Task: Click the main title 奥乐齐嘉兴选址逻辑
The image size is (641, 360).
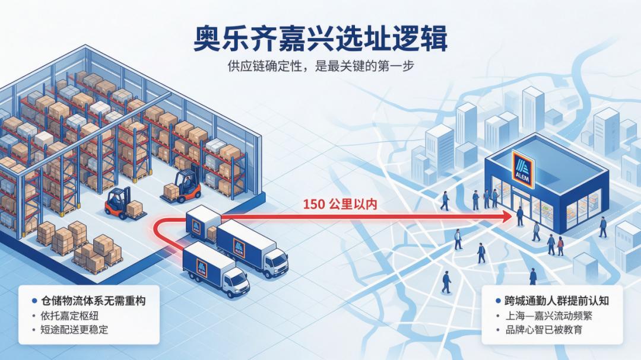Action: click(x=320, y=38)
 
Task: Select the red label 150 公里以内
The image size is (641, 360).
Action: click(x=340, y=203)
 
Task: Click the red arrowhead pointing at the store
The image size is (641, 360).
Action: click(x=506, y=216)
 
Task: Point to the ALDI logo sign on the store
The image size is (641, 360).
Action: click(x=522, y=169)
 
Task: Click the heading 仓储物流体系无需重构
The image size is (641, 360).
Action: click(x=93, y=301)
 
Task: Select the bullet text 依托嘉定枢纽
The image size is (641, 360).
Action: click(x=69, y=316)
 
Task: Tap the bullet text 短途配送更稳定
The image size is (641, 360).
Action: click(x=74, y=329)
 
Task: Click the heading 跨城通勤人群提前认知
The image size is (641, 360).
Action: click(x=557, y=301)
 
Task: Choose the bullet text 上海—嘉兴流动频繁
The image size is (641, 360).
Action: click(x=548, y=316)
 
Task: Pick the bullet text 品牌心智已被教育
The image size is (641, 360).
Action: click(x=544, y=329)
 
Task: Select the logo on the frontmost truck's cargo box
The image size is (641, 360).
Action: click(x=202, y=268)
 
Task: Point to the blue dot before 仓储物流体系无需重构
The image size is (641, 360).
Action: click(x=34, y=301)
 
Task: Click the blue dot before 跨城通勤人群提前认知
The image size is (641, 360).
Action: click(x=498, y=301)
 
